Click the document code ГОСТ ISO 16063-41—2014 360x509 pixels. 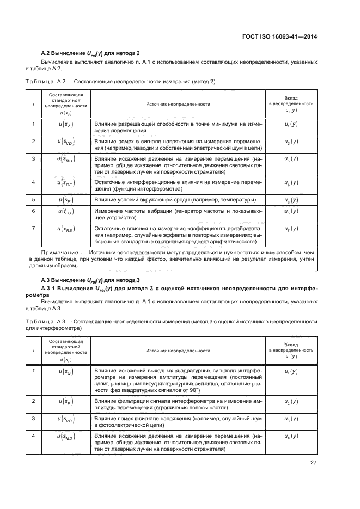(280, 37)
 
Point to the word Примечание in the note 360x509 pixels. (60, 253)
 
